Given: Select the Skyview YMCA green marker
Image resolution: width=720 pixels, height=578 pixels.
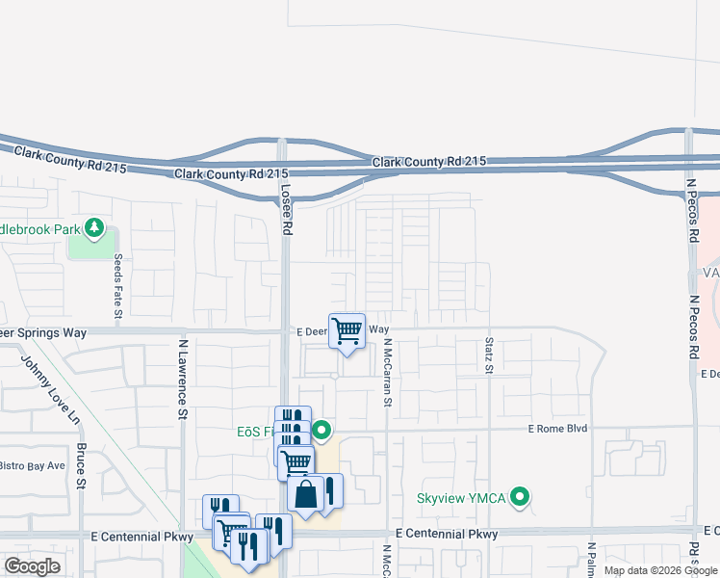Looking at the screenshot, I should click(521, 498).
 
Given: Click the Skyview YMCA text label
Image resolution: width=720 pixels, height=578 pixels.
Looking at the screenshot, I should click(461, 498).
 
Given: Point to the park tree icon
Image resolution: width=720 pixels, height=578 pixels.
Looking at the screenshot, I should click(94, 227).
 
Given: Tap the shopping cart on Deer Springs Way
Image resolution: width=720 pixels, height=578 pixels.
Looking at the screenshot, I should click(347, 331).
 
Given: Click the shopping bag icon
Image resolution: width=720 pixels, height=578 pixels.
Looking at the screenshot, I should click(305, 494).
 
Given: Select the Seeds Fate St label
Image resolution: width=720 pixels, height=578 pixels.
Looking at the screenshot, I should click(118, 286).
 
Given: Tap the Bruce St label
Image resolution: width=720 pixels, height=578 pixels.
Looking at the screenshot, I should click(83, 465).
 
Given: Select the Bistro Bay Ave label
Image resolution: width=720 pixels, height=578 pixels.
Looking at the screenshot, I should click(31, 465).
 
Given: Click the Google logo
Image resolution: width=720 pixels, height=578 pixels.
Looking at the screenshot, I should click(32, 566).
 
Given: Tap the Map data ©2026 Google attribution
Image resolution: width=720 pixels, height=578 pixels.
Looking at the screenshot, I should click(660, 570).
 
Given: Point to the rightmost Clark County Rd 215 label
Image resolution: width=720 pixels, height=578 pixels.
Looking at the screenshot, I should click(430, 163).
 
